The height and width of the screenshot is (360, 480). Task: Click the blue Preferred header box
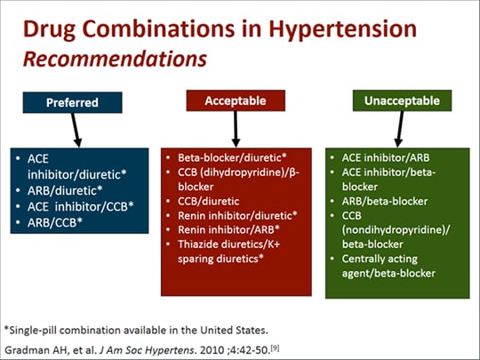point(73,102)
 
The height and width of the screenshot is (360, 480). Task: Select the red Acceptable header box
point(236,100)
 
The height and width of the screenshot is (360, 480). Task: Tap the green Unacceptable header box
point(403,100)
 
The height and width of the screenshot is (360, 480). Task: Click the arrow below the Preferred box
point(76,130)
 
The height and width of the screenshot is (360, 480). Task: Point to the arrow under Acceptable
point(236,129)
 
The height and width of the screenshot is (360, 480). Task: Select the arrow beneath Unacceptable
point(400,129)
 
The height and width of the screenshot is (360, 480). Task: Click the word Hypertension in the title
point(342,29)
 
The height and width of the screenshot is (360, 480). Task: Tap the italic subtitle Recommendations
point(115,59)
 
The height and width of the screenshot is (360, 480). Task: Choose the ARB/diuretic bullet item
point(65,191)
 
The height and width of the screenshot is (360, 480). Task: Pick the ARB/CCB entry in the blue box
point(55,222)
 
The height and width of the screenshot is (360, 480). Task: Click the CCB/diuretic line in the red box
point(209,202)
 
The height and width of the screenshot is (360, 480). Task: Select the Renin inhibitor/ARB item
point(228,229)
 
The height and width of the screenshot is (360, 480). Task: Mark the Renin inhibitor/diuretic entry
point(237,215)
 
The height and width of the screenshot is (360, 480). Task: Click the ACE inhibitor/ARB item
point(386,157)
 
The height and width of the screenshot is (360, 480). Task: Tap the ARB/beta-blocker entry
point(385,202)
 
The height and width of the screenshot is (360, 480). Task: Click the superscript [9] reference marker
point(276,348)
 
